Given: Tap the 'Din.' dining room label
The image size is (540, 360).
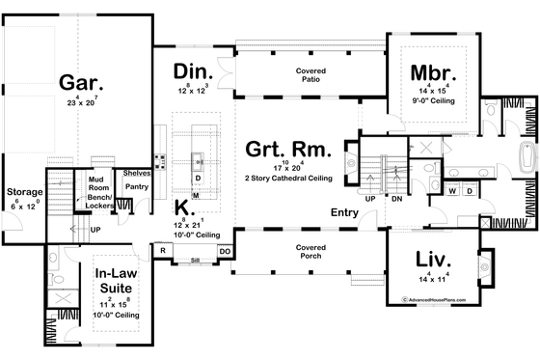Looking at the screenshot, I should (193, 71).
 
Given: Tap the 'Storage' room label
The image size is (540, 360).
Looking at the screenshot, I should (25, 192).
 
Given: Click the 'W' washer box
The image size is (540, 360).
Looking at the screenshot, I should (451, 191).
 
